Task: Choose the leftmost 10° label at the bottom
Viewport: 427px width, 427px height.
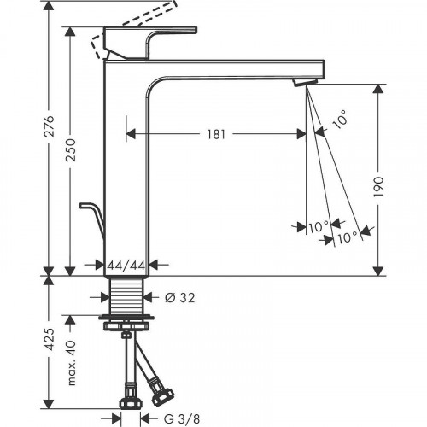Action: [x=319, y=227]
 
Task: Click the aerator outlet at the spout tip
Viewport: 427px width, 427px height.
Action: [x=303, y=81]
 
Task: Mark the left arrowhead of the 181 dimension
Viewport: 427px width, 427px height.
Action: [x=131, y=133]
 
